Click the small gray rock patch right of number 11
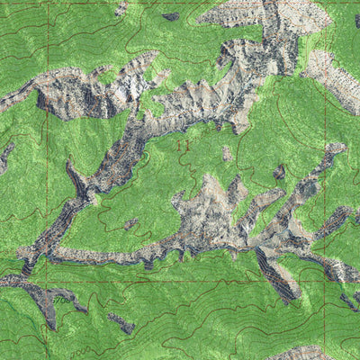coord(226,152)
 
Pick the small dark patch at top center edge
coord(170,16)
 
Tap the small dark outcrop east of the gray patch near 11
coord(279,170)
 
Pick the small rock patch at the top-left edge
coord(121,8)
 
